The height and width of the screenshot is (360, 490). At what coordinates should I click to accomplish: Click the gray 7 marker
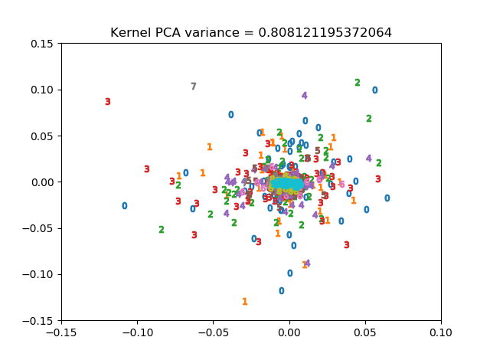[x=194, y=87]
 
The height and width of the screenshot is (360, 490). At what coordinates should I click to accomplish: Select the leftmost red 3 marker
[x=108, y=102]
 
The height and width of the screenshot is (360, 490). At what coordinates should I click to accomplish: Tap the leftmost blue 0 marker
[x=125, y=206]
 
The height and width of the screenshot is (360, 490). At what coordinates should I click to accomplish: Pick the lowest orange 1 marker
[x=245, y=302]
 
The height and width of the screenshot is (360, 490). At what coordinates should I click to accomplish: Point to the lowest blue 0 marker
[x=282, y=291]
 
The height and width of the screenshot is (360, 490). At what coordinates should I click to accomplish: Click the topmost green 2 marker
[x=358, y=83]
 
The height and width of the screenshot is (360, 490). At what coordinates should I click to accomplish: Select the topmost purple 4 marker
[x=304, y=96]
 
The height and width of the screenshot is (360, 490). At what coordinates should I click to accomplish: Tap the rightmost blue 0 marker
[x=387, y=198]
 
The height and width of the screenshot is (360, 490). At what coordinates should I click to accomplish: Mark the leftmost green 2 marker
[x=162, y=230]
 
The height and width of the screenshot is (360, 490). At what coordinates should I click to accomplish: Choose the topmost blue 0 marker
[x=375, y=90]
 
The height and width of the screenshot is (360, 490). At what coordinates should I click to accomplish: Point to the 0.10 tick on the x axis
[x=441, y=321]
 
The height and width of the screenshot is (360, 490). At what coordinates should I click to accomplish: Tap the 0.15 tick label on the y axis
[x=42, y=44]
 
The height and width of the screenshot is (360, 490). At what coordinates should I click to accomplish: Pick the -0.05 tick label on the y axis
[x=40, y=228]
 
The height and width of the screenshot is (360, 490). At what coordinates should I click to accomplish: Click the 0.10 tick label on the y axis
[x=42, y=90]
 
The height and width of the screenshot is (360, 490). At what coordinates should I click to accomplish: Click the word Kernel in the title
[x=129, y=33]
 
